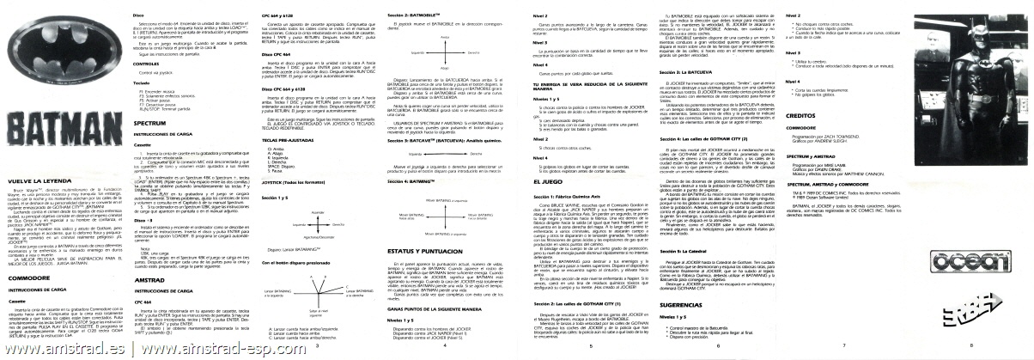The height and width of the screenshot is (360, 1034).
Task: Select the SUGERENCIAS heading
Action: pyautogui.click(x=684, y=304)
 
